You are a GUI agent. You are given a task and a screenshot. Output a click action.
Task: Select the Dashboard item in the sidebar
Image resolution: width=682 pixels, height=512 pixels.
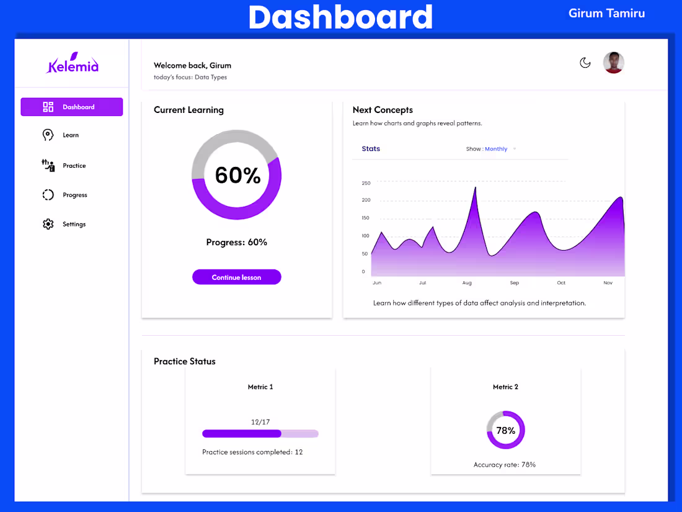[72, 107]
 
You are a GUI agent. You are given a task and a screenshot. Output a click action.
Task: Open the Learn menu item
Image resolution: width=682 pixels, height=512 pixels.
[71, 135]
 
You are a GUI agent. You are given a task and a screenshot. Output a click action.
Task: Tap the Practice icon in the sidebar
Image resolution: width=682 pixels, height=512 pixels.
[48, 165]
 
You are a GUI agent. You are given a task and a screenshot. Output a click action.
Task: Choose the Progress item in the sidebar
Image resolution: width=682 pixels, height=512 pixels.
[74, 195]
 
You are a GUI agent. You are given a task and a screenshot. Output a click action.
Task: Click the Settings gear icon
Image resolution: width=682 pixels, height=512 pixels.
[48, 224]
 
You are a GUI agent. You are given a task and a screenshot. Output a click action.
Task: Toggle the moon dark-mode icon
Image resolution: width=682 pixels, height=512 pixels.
[585, 63]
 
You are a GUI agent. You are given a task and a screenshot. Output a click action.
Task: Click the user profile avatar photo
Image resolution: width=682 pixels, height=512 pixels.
[614, 63]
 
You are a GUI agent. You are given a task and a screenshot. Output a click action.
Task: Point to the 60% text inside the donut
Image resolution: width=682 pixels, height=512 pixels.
[237, 175]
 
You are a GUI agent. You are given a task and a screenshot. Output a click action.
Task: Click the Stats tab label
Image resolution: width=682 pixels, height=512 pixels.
[371, 149]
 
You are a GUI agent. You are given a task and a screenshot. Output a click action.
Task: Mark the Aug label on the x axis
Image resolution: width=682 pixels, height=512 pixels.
[467, 283]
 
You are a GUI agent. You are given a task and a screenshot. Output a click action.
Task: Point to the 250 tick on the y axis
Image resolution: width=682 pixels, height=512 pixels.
[366, 183]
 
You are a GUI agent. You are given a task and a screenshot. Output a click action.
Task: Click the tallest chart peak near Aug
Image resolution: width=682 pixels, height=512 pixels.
[475, 188]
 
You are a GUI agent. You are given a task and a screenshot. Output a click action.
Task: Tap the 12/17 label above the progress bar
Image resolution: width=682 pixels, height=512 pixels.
[260, 422]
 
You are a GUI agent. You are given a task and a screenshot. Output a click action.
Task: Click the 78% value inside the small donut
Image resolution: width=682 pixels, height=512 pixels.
[506, 431]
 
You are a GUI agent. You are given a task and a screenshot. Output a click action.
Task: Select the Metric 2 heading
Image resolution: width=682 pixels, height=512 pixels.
[505, 387]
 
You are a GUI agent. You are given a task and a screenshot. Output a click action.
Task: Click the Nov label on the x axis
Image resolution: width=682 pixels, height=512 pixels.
[608, 283]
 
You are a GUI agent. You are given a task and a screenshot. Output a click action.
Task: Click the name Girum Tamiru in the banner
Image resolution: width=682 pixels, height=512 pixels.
[606, 14]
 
